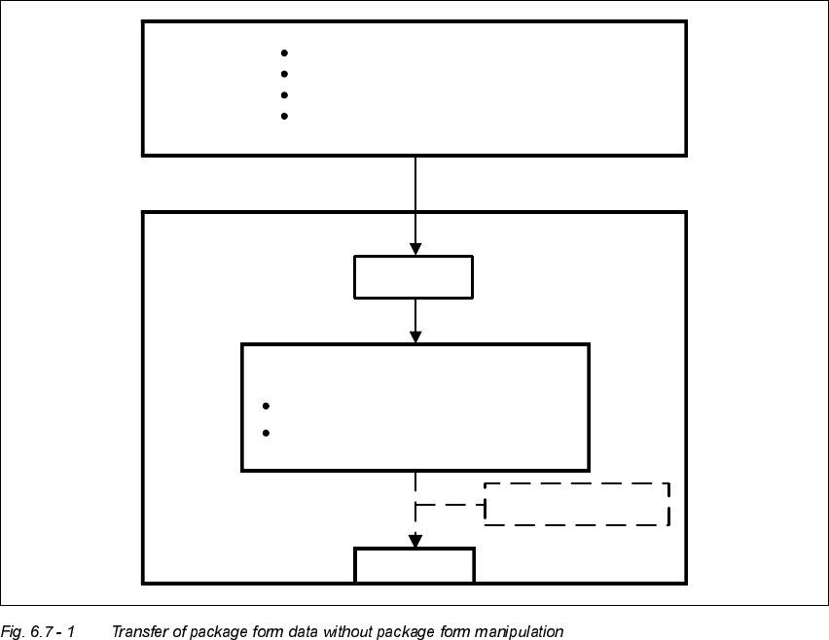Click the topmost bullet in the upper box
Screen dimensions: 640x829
[284, 53]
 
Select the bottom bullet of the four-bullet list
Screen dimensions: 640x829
[284, 116]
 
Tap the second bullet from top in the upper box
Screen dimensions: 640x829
[284, 74]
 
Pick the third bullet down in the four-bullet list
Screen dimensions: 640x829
[284, 95]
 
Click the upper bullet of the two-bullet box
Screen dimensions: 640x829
[266, 406]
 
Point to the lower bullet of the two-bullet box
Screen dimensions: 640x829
[266, 433]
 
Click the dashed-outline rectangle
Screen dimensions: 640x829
[577, 504]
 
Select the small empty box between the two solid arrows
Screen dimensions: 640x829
[414, 276]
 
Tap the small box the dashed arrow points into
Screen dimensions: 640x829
[414, 565]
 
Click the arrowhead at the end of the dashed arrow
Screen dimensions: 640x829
[415, 541]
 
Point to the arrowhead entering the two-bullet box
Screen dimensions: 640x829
[415, 337]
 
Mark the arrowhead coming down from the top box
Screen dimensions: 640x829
[415, 249]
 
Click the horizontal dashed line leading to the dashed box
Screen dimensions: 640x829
[450, 505]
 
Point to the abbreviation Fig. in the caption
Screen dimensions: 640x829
[14, 632]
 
